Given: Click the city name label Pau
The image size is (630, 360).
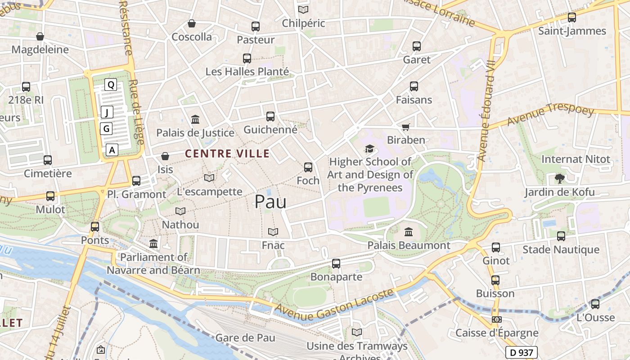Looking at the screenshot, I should pyautogui.click(x=270, y=202).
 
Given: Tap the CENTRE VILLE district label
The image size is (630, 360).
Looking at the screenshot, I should pyautogui.click(x=227, y=154).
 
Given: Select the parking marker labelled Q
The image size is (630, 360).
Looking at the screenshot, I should pyautogui.click(x=111, y=84).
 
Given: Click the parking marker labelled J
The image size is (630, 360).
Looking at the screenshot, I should pyautogui.click(x=107, y=112).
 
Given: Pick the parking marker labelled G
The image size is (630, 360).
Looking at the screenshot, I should pyautogui.click(x=106, y=129).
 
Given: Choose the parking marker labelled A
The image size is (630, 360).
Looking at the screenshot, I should pyautogui.click(x=112, y=150).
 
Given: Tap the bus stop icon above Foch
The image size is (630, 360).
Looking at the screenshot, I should pyautogui.click(x=308, y=167).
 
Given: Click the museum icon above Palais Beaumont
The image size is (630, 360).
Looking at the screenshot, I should pyautogui.click(x=409, y=232).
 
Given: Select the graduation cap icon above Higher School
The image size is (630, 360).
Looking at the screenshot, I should pyautogui.click(x=369, y=148).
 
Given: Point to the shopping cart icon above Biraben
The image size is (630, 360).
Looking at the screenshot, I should pyautogui.click(x=406, y=127).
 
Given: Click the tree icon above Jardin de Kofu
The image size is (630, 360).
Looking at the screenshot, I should pyautogui.click(x=559, y=179).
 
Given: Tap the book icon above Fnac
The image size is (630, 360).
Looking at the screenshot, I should pyautogui.click(x=273, y=232).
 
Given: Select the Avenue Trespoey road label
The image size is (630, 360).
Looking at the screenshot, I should pyautogui.click(x=550, y=115).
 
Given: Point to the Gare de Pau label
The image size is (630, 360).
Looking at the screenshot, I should pyautogui.click(x=245, y=337).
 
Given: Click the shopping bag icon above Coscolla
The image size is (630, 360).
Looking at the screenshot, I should pyautogui.click(x=192, y=23).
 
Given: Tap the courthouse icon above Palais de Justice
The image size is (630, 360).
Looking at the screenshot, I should pyautogui.click(x=195, y=120).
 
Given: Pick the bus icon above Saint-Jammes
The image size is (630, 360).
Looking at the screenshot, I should pyautogui.click(x=572, y=18).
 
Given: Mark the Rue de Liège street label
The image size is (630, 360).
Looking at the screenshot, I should pyautogui.click(x=136, y=112).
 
